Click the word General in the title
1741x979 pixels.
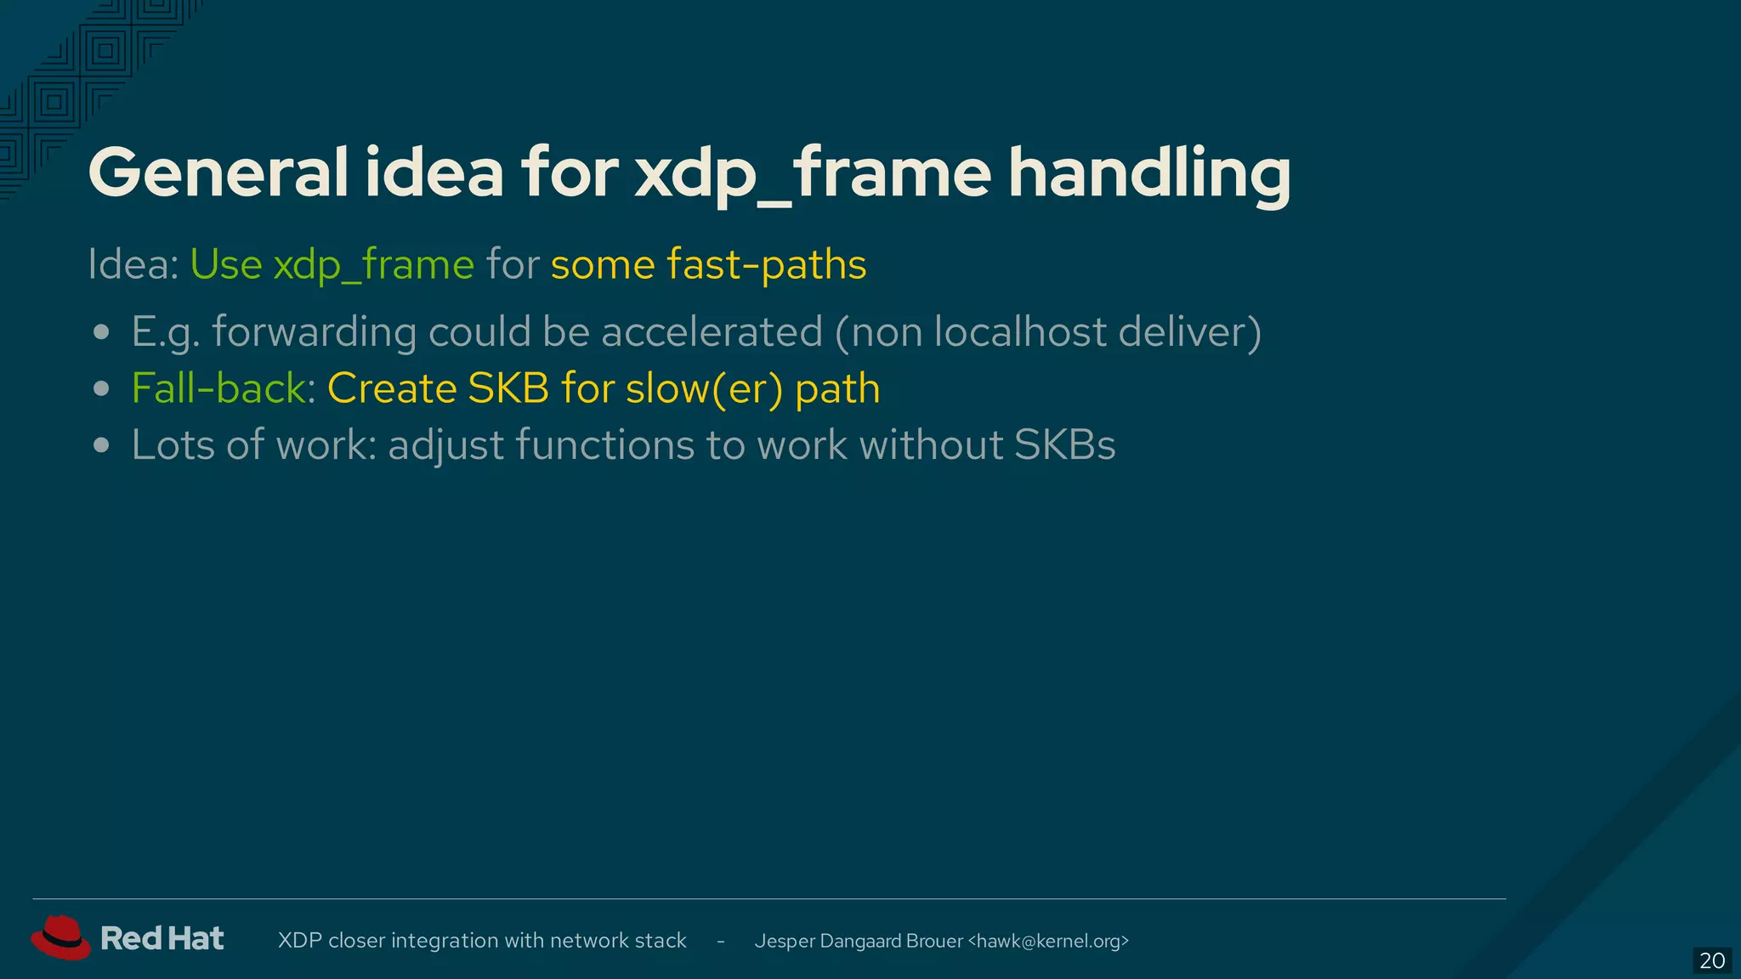(x=218, y=173)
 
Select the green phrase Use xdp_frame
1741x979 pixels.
(x=332, y=264)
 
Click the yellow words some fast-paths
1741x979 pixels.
(x=708, y=264)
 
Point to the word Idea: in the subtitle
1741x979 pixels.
(x=133, y=264)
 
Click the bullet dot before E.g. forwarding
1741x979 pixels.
(x=102, y=332)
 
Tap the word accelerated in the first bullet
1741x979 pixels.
(x=712, y=331)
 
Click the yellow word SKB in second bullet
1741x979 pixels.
(x=508, y=388)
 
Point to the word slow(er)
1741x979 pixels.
(x=704, y=388)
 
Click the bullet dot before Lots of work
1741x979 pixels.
(x=102, y=445)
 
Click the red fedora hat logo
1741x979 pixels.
(x=60, y=937)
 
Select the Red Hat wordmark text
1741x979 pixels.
(x=162, y=938)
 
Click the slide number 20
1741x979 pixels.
(x=1711, y=960)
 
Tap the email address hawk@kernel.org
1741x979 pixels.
(x=1048, y=941)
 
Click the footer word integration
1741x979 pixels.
(x=445, y=941)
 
